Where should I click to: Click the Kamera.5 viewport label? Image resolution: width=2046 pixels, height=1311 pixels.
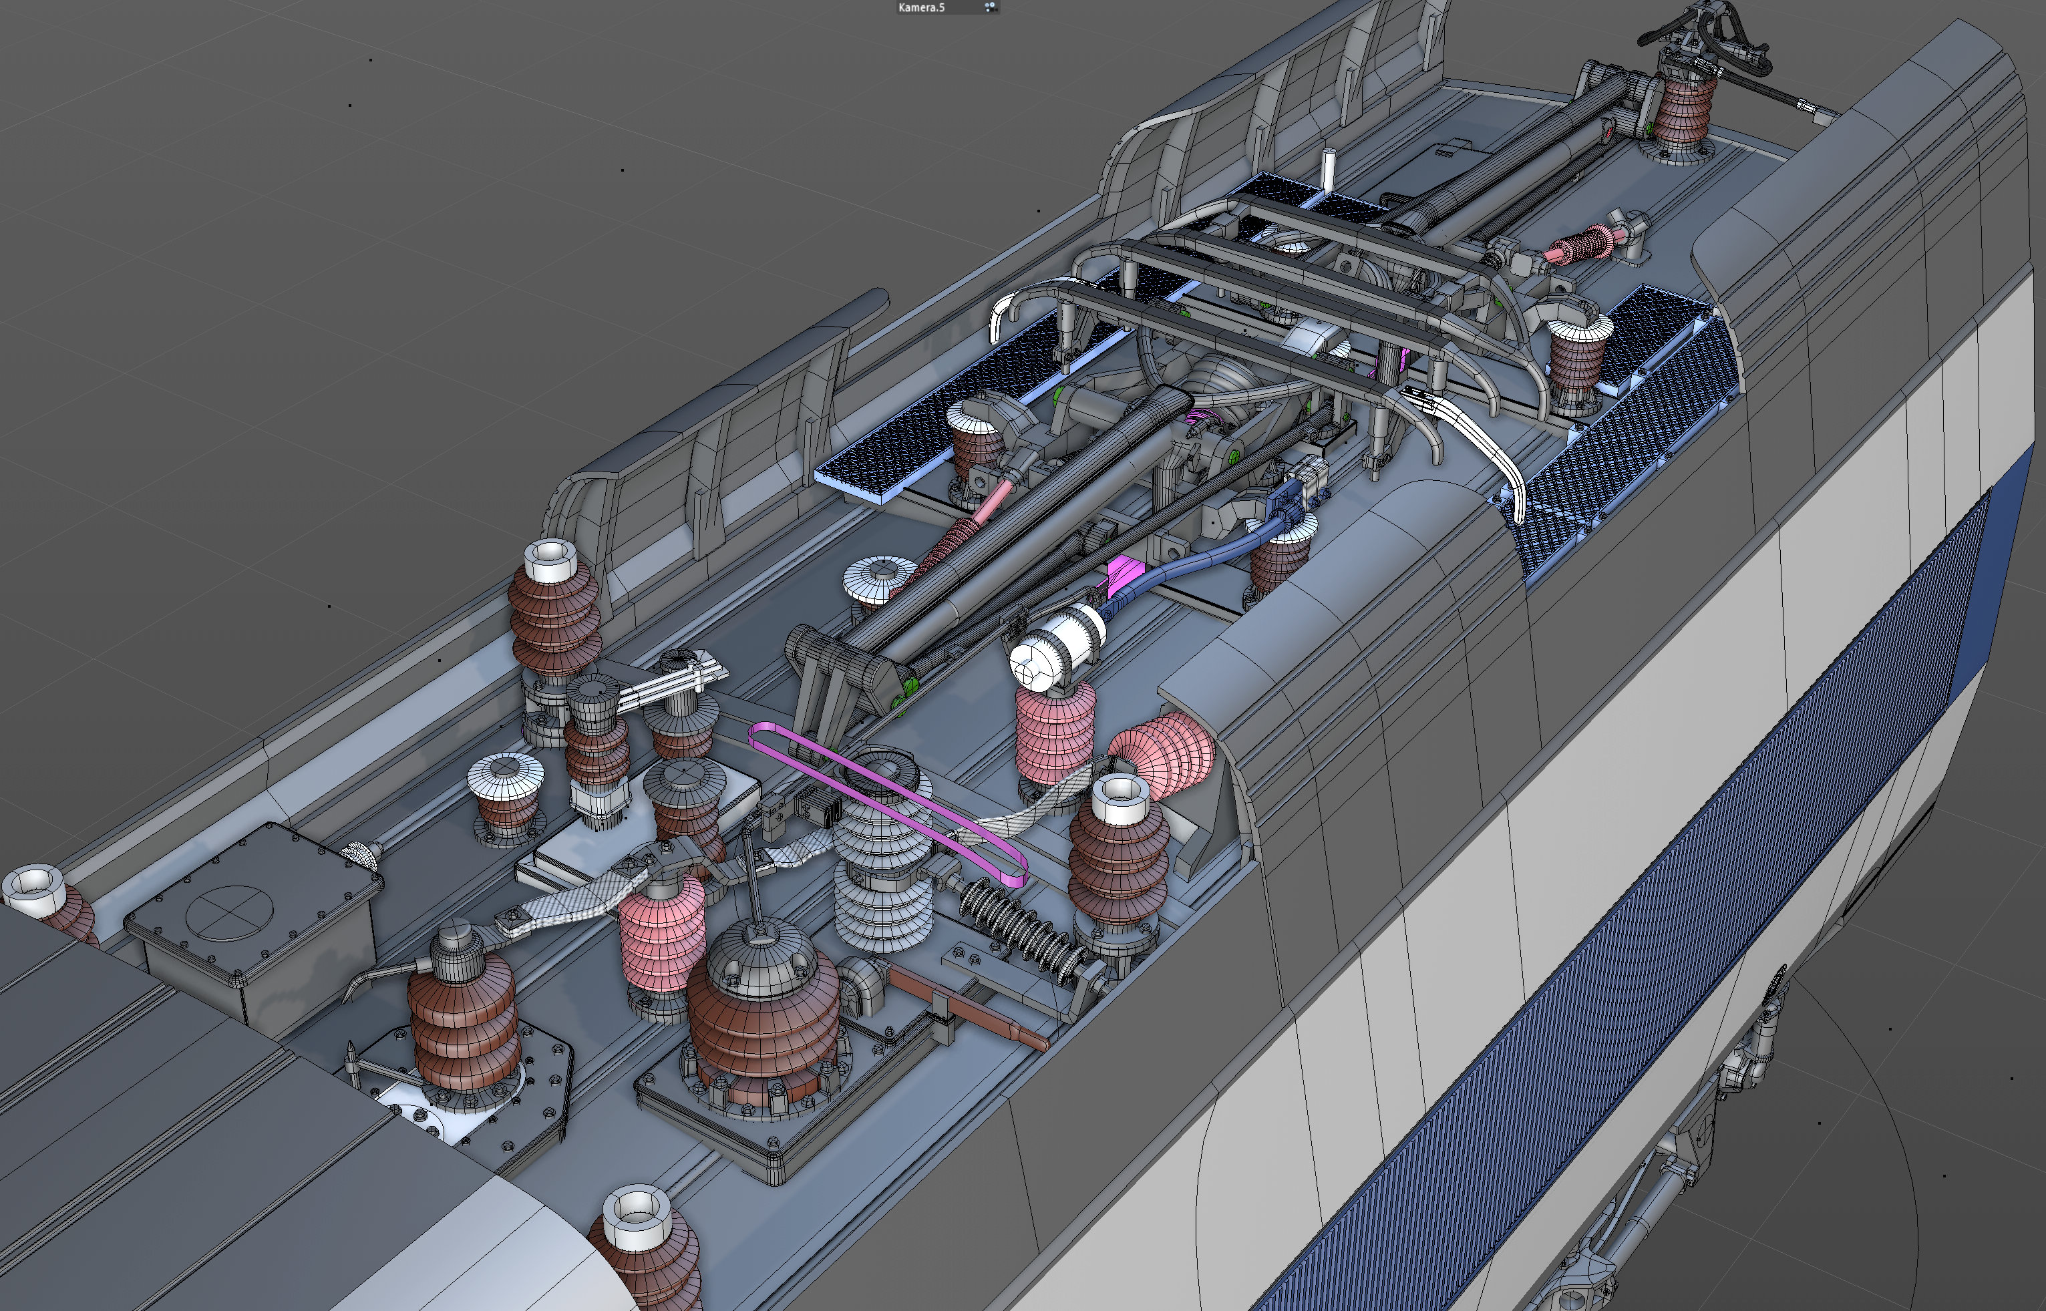pyautogui.click(x=921, y=7)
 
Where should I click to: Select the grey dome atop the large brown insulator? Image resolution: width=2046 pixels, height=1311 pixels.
pyautogui.click(x=759, y=954)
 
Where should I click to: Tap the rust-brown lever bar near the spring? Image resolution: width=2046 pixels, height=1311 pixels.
pyautogui.click(x=971, y=1008)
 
